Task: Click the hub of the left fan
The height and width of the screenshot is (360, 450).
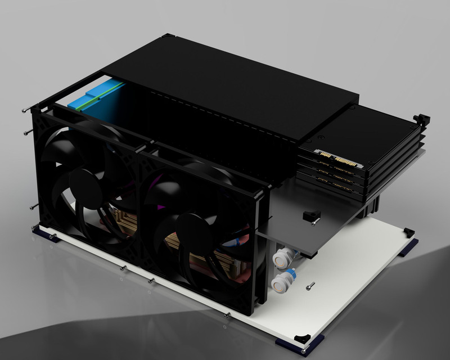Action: (x=84, y=186)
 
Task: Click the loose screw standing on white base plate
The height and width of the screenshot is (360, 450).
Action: (x=311, y=286)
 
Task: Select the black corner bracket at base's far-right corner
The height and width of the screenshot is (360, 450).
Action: (x=409, y=231)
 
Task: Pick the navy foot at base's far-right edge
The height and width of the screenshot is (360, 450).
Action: (x=409, y=246)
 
